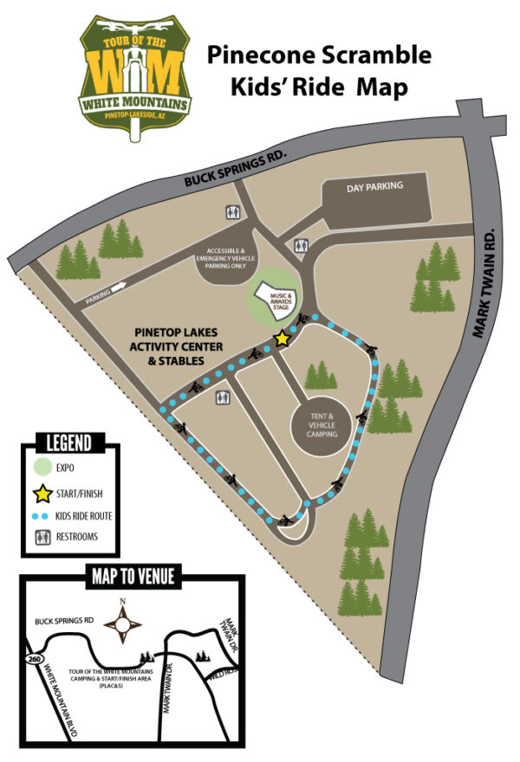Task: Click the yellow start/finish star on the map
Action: [x=282, y=339]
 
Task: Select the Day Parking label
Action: [x=374, y=187]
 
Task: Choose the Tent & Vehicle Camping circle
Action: [x=320, y=423]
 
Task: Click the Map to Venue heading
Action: [x=132, y=576]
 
